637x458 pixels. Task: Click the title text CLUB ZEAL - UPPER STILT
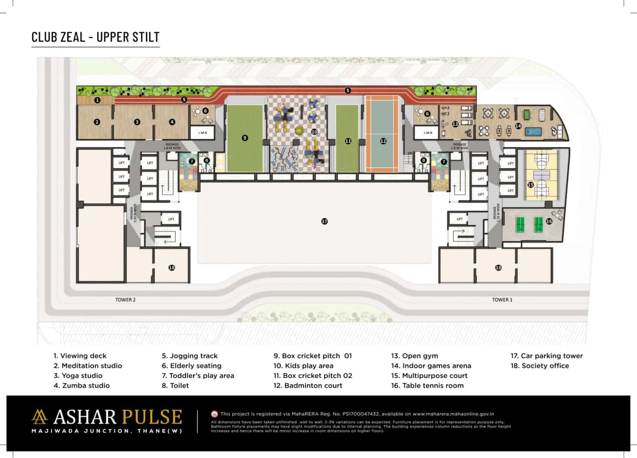click(96, 37)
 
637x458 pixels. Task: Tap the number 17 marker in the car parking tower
click(324, 221)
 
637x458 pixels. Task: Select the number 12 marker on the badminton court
click(383, 141)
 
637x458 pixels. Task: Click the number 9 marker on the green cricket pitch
click(245, 138)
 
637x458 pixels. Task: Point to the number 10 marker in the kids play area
click(314, 132)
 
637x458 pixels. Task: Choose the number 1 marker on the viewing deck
click(98, 100)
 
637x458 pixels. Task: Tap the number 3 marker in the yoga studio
click(137, 122)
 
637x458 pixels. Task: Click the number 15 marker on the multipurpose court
click(531, 184)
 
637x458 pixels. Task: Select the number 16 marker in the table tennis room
click(549, 221)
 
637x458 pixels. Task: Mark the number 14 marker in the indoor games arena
click(518, 126)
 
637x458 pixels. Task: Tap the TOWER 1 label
click(501, 300)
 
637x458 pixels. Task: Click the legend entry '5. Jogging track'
click(190, 356)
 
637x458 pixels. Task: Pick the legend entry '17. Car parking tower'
click(546, 356)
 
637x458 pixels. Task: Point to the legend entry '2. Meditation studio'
click(88, 366)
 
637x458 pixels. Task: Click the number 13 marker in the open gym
click(455, 124)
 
